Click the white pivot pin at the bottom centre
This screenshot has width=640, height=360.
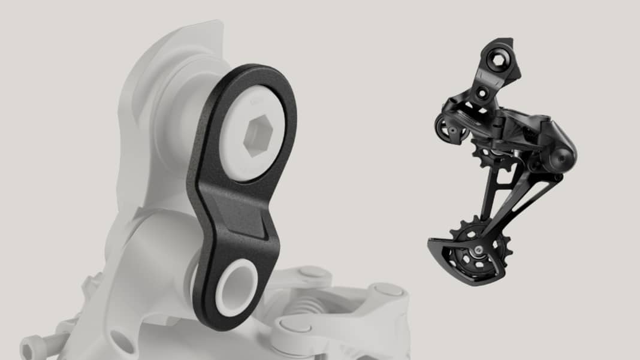click(x=294, y=327)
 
